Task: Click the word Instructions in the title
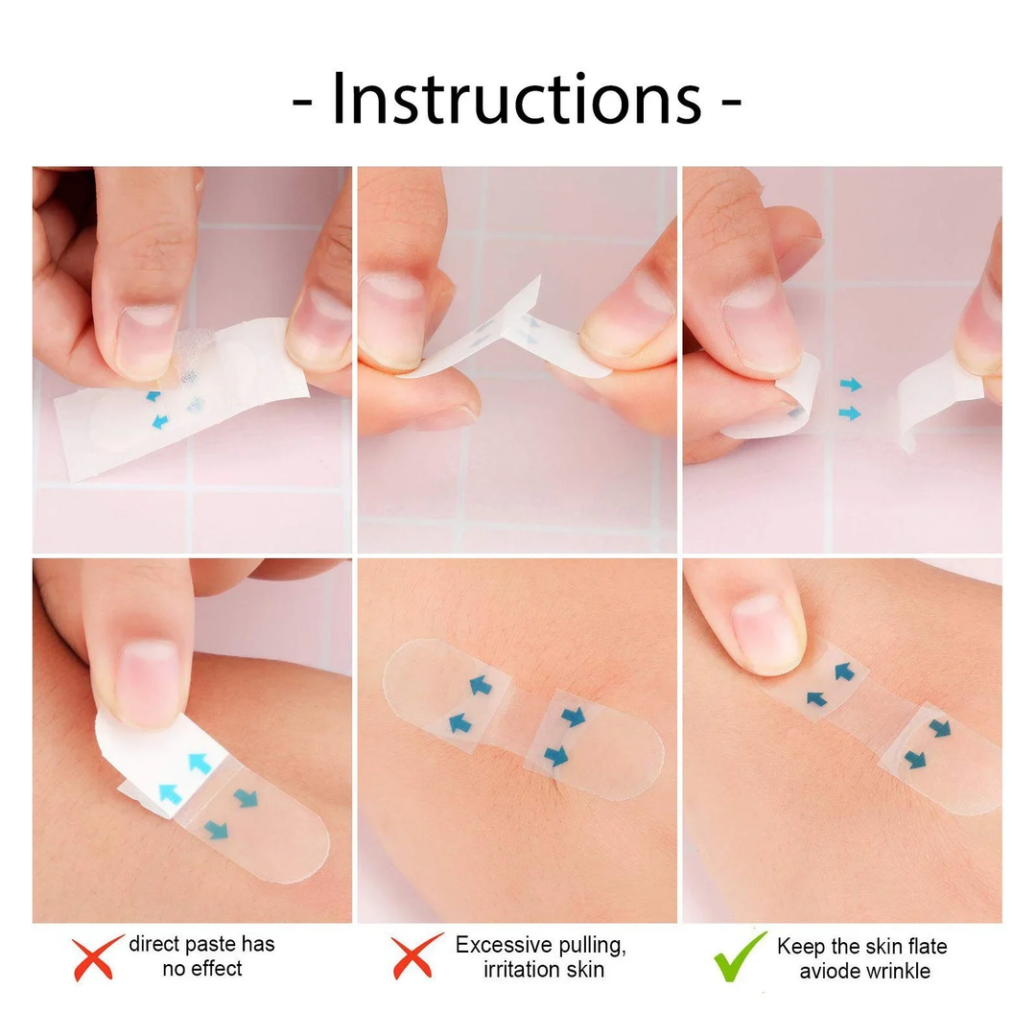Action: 516,99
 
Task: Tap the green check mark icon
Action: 740,956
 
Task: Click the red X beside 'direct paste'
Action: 98,956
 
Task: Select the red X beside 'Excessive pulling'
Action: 417,956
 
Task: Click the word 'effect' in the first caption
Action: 216,969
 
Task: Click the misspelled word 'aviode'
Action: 830,971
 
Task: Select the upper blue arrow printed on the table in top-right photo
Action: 850,385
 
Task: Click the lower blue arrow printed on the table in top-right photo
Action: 850,413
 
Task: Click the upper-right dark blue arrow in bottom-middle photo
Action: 574,717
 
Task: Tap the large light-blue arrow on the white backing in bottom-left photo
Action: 199,763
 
